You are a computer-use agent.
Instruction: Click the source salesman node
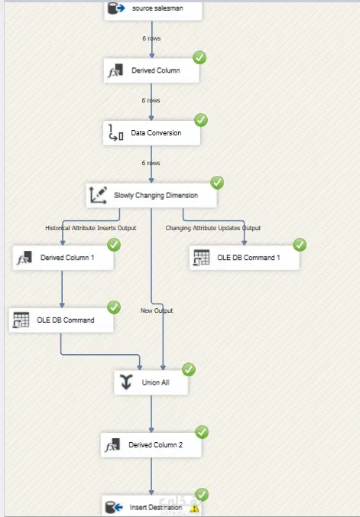pyautogui.click(x=153, y=10)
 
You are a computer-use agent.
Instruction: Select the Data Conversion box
pyautogui.click(x=151, y=133)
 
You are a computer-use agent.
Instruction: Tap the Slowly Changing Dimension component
pyautogui.click(x=151, y=195)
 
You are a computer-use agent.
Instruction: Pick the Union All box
pyautogui.click(x=151, y=382)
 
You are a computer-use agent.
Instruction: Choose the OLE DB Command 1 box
pyautogui.click(x=245, y=258)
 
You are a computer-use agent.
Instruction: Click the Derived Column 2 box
pyautogui.click(x=151, y=445)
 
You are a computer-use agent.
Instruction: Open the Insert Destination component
pyautogui.click(x=151, y=506)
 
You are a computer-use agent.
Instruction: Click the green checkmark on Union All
pyautogui.click(x=189, y=369)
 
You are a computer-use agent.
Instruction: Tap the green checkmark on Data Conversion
pyautogui.click(x=201, y=120)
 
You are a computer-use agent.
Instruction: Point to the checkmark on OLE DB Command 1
pyautogui.click(x=300, y=245)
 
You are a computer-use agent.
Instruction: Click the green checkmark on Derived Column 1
pyautogui.click(x=114, y=245)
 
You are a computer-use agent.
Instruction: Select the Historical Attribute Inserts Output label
pyautogui.click(x=91, y=228)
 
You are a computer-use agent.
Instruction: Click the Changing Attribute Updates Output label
pyautogui.click(x=213, y=228)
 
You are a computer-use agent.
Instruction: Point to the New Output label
pyautogui.click(x=157, y=311)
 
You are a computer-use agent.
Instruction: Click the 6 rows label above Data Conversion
pyautogui.click(x=151, y=100)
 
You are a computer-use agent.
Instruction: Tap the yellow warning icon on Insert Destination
pyautogui.click(x=194, y=509)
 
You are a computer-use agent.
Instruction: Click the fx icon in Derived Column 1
pyautogui.click(x=24, y=258)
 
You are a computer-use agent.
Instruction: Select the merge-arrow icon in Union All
pyautogui.click(x=126, y=382)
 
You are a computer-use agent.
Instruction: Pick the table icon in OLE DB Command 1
pyautogui.click(x=202, y=258)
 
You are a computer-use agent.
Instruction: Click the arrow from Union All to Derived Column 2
pyautogui.click(x=151, y=414)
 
